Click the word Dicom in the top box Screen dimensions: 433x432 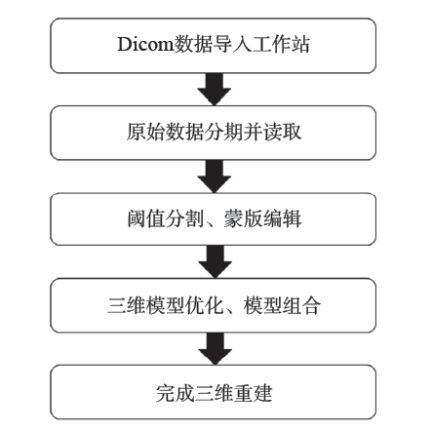(145, 44)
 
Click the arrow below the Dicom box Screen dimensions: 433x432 (215, 89)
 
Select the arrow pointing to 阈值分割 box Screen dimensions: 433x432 (215, 177)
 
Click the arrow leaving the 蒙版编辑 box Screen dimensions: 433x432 (215, 261)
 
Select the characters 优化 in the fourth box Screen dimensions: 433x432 (205, 305)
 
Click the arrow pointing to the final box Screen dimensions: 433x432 (215, 349)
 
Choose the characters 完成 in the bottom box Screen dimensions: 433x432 (175, 393)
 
